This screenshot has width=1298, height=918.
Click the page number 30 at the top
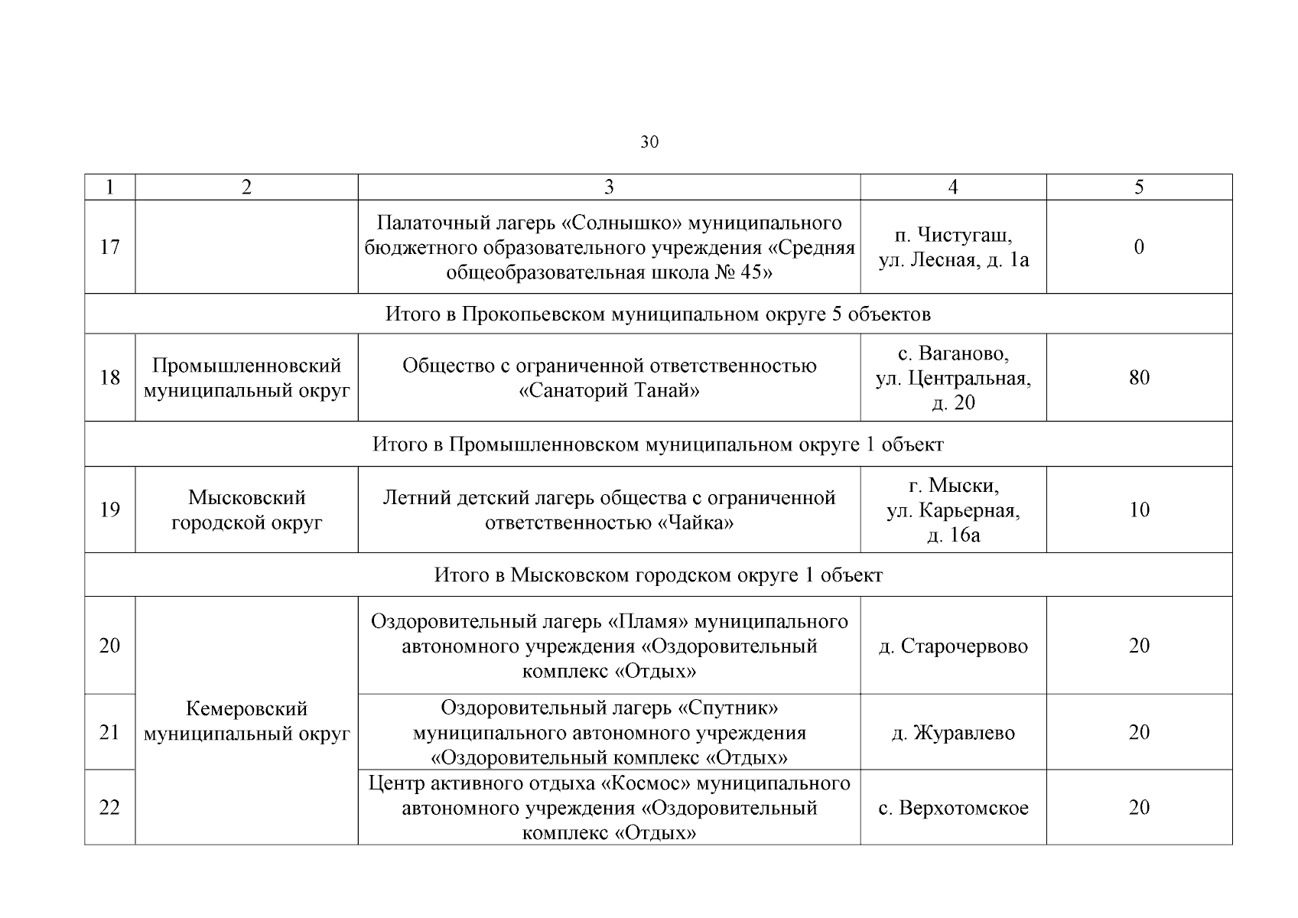point(649,142)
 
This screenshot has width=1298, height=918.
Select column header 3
point(609,187)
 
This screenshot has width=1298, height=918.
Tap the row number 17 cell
point(110,247)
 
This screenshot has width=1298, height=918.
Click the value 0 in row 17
point(1139,247)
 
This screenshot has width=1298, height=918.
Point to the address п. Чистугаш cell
point(953,247)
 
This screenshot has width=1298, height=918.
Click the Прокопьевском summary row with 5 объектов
point(658,314)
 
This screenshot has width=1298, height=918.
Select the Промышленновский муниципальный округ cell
point(246,378)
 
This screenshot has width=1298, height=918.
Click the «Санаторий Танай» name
point(609,391)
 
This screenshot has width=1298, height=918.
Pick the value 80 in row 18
point(1139,378)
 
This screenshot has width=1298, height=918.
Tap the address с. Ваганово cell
point(953,378)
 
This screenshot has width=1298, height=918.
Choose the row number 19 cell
point(110,509)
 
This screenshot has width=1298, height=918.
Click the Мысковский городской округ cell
point(246,509)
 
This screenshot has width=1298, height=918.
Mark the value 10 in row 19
point(1139,509)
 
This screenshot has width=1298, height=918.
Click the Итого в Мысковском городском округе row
point(658,575)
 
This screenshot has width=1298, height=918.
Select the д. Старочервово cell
point(953,646)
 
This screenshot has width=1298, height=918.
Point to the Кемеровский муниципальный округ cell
point(246,721)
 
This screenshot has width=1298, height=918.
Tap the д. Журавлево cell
point(953,733)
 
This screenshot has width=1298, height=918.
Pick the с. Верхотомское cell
point(953,808)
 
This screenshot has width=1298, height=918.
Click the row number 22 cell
point(110,808)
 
